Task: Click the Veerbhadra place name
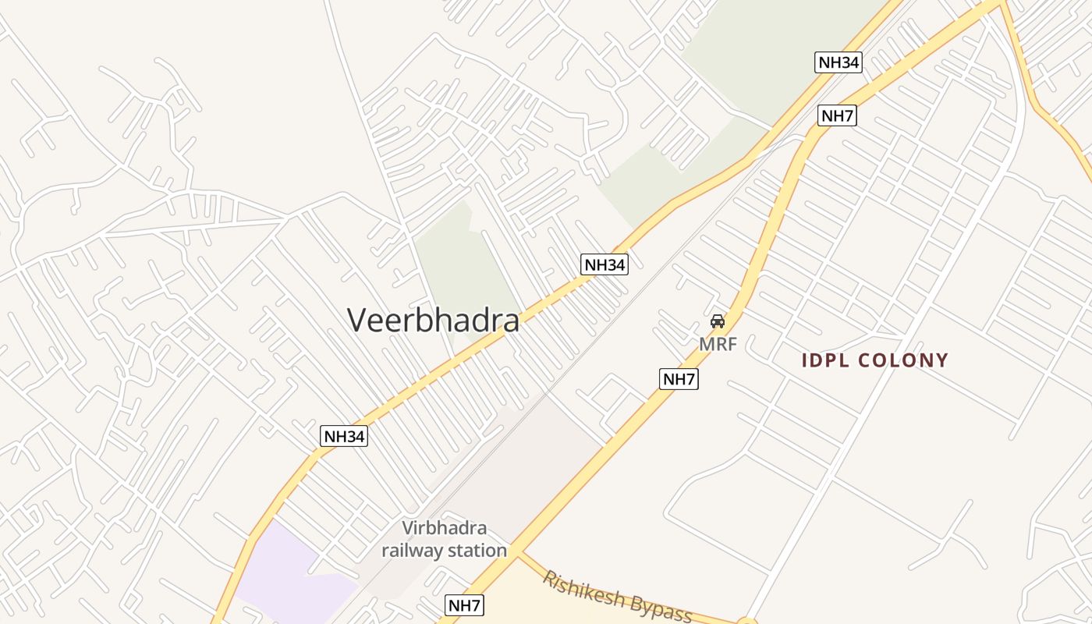click(x=433, y=320)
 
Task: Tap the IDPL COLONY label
click(x=875, y=360)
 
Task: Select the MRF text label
click(x=718, y=344)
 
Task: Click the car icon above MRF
click(x=718, y=321)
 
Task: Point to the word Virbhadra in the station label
click(x=445, y=527)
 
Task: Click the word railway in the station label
click(x=413, y=551)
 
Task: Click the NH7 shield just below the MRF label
click(x=679, y=380)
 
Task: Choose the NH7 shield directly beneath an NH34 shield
click(x=838, y=116)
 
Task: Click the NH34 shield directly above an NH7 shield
click(x=838, y=62)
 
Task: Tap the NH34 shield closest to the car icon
click(x=604, y=264)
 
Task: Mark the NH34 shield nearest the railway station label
click(x=344, y=436)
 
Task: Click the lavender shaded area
click(x=285, y=569)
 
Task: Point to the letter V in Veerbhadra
click(x=357, y=320)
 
